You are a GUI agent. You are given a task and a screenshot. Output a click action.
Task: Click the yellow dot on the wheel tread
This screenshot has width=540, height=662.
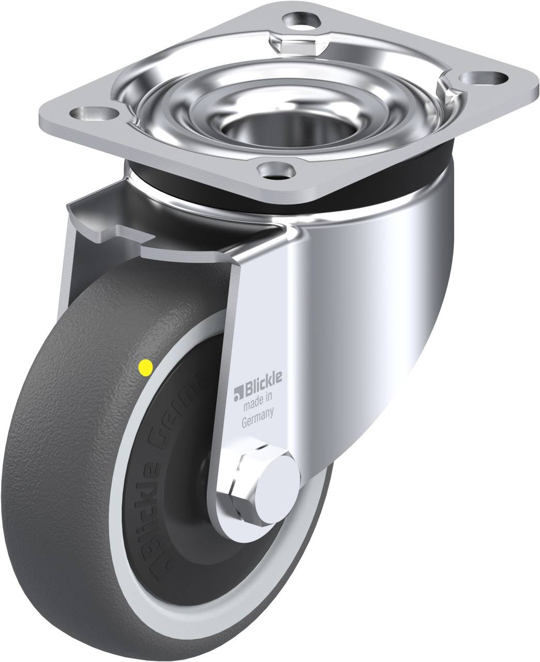point(145,367)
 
